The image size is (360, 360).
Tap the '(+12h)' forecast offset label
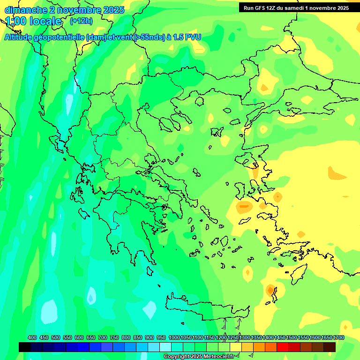pos(81,21)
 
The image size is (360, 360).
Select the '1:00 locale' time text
pos(33,21)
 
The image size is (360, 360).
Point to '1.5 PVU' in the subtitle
pos(187,37)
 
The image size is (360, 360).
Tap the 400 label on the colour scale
pos(32,337)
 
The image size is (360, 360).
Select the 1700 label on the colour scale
pos(338,337)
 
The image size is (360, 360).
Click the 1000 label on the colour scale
pos(174,337)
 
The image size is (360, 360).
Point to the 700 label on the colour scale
pos(103,337)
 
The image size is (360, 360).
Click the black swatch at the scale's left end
pos(25,347)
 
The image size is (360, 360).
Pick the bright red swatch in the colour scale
pos(283,347)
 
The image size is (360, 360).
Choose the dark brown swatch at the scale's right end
pos(330,347)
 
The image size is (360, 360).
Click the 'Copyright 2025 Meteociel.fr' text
pos(199,357)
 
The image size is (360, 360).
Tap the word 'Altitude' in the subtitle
pos(19,37)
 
